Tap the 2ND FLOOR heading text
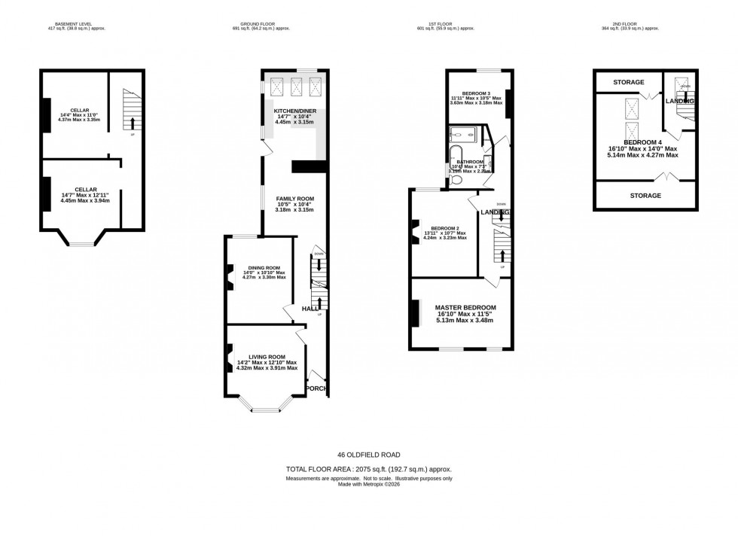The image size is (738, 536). [x=629, y=23]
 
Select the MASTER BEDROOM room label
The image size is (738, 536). [x=465, y=308]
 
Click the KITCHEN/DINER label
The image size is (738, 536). [x=294, y=111]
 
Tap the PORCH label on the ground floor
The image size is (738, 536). [x=316, y=388]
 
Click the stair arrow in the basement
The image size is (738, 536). [x=133, y=122]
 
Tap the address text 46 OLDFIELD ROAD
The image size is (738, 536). [x=368, y=455]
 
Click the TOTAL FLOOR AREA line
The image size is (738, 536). [x=368, y=469]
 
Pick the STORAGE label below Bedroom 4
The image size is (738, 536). [x=645, y=196]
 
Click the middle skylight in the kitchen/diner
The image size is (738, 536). [x=295, y=87]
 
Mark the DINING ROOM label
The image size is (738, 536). [x=264, y=267]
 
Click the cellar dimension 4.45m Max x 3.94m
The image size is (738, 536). [x=85, y=201]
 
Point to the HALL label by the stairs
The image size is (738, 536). [x=310, y=309]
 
